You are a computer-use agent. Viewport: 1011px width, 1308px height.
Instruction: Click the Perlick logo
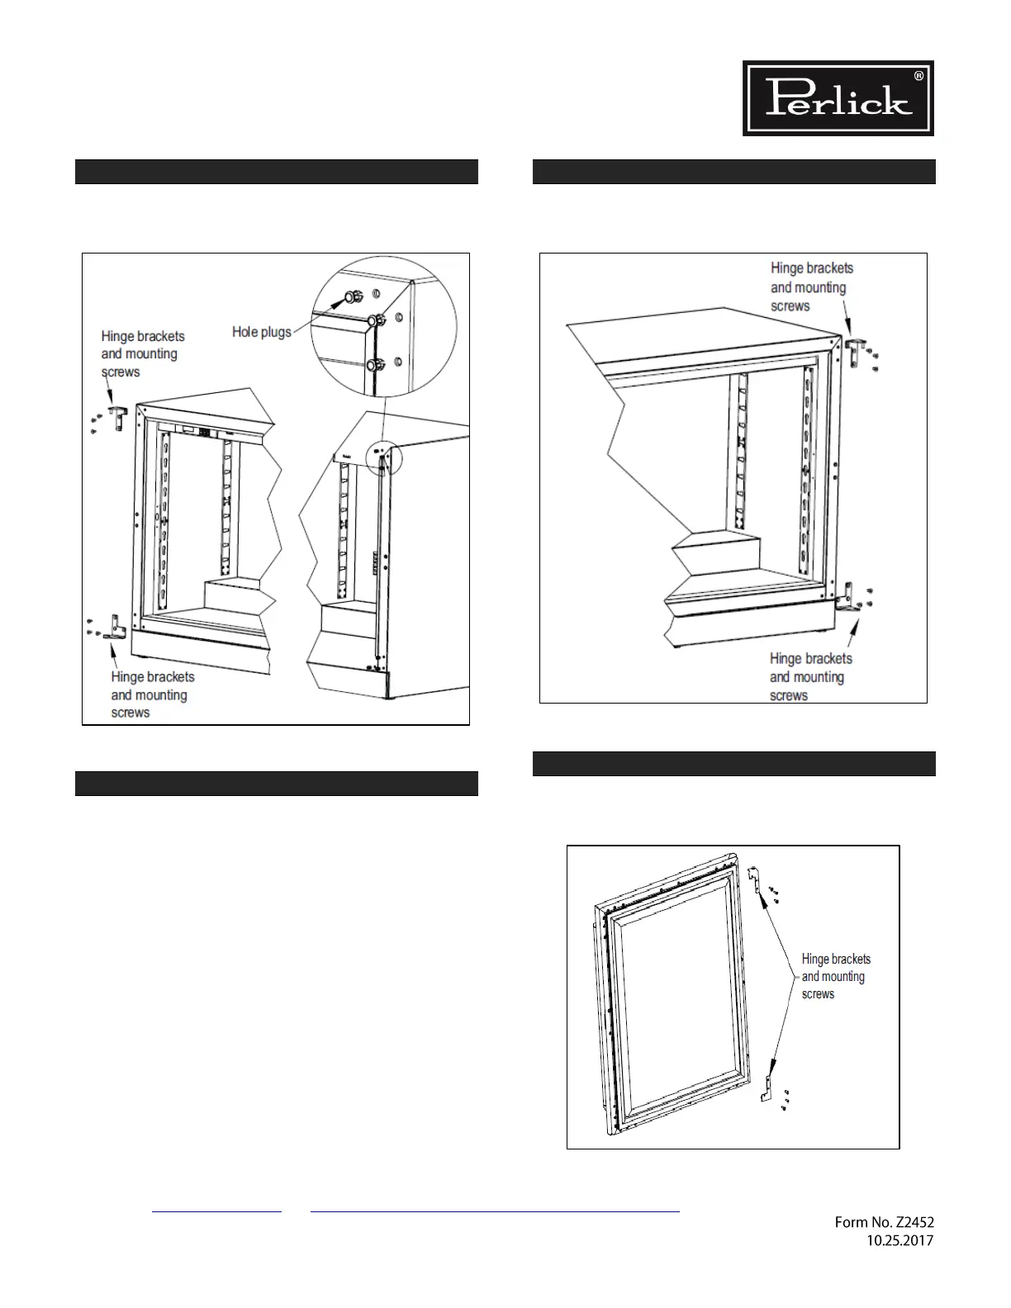(x=838, y=97)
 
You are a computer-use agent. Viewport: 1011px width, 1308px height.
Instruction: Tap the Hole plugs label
(x=261, y=332)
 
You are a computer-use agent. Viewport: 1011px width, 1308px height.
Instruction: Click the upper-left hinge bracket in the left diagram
(x=117, y=417)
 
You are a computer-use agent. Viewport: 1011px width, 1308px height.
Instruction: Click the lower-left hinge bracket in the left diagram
(x=115, y=628)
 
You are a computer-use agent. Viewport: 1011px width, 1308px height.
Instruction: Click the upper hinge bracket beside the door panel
(x=753, y=880)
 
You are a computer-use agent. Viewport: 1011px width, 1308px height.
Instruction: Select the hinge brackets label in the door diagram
(x=835, y=976)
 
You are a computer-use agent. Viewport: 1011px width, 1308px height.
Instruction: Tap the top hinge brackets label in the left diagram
(x=142, y=353)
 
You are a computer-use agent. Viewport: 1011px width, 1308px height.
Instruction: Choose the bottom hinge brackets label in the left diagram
(x=152, y=694)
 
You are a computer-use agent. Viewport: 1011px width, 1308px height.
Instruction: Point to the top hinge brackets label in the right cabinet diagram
(x=811, y=287)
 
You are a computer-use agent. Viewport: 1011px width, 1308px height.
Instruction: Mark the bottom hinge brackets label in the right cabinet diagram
(x=810, y=677)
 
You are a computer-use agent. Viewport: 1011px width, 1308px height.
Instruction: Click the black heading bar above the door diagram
(x=733, y=764)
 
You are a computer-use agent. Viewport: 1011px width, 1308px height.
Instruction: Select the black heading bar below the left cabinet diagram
(x=276, y=784)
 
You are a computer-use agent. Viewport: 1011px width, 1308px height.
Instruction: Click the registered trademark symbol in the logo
(x=918, y=76)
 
